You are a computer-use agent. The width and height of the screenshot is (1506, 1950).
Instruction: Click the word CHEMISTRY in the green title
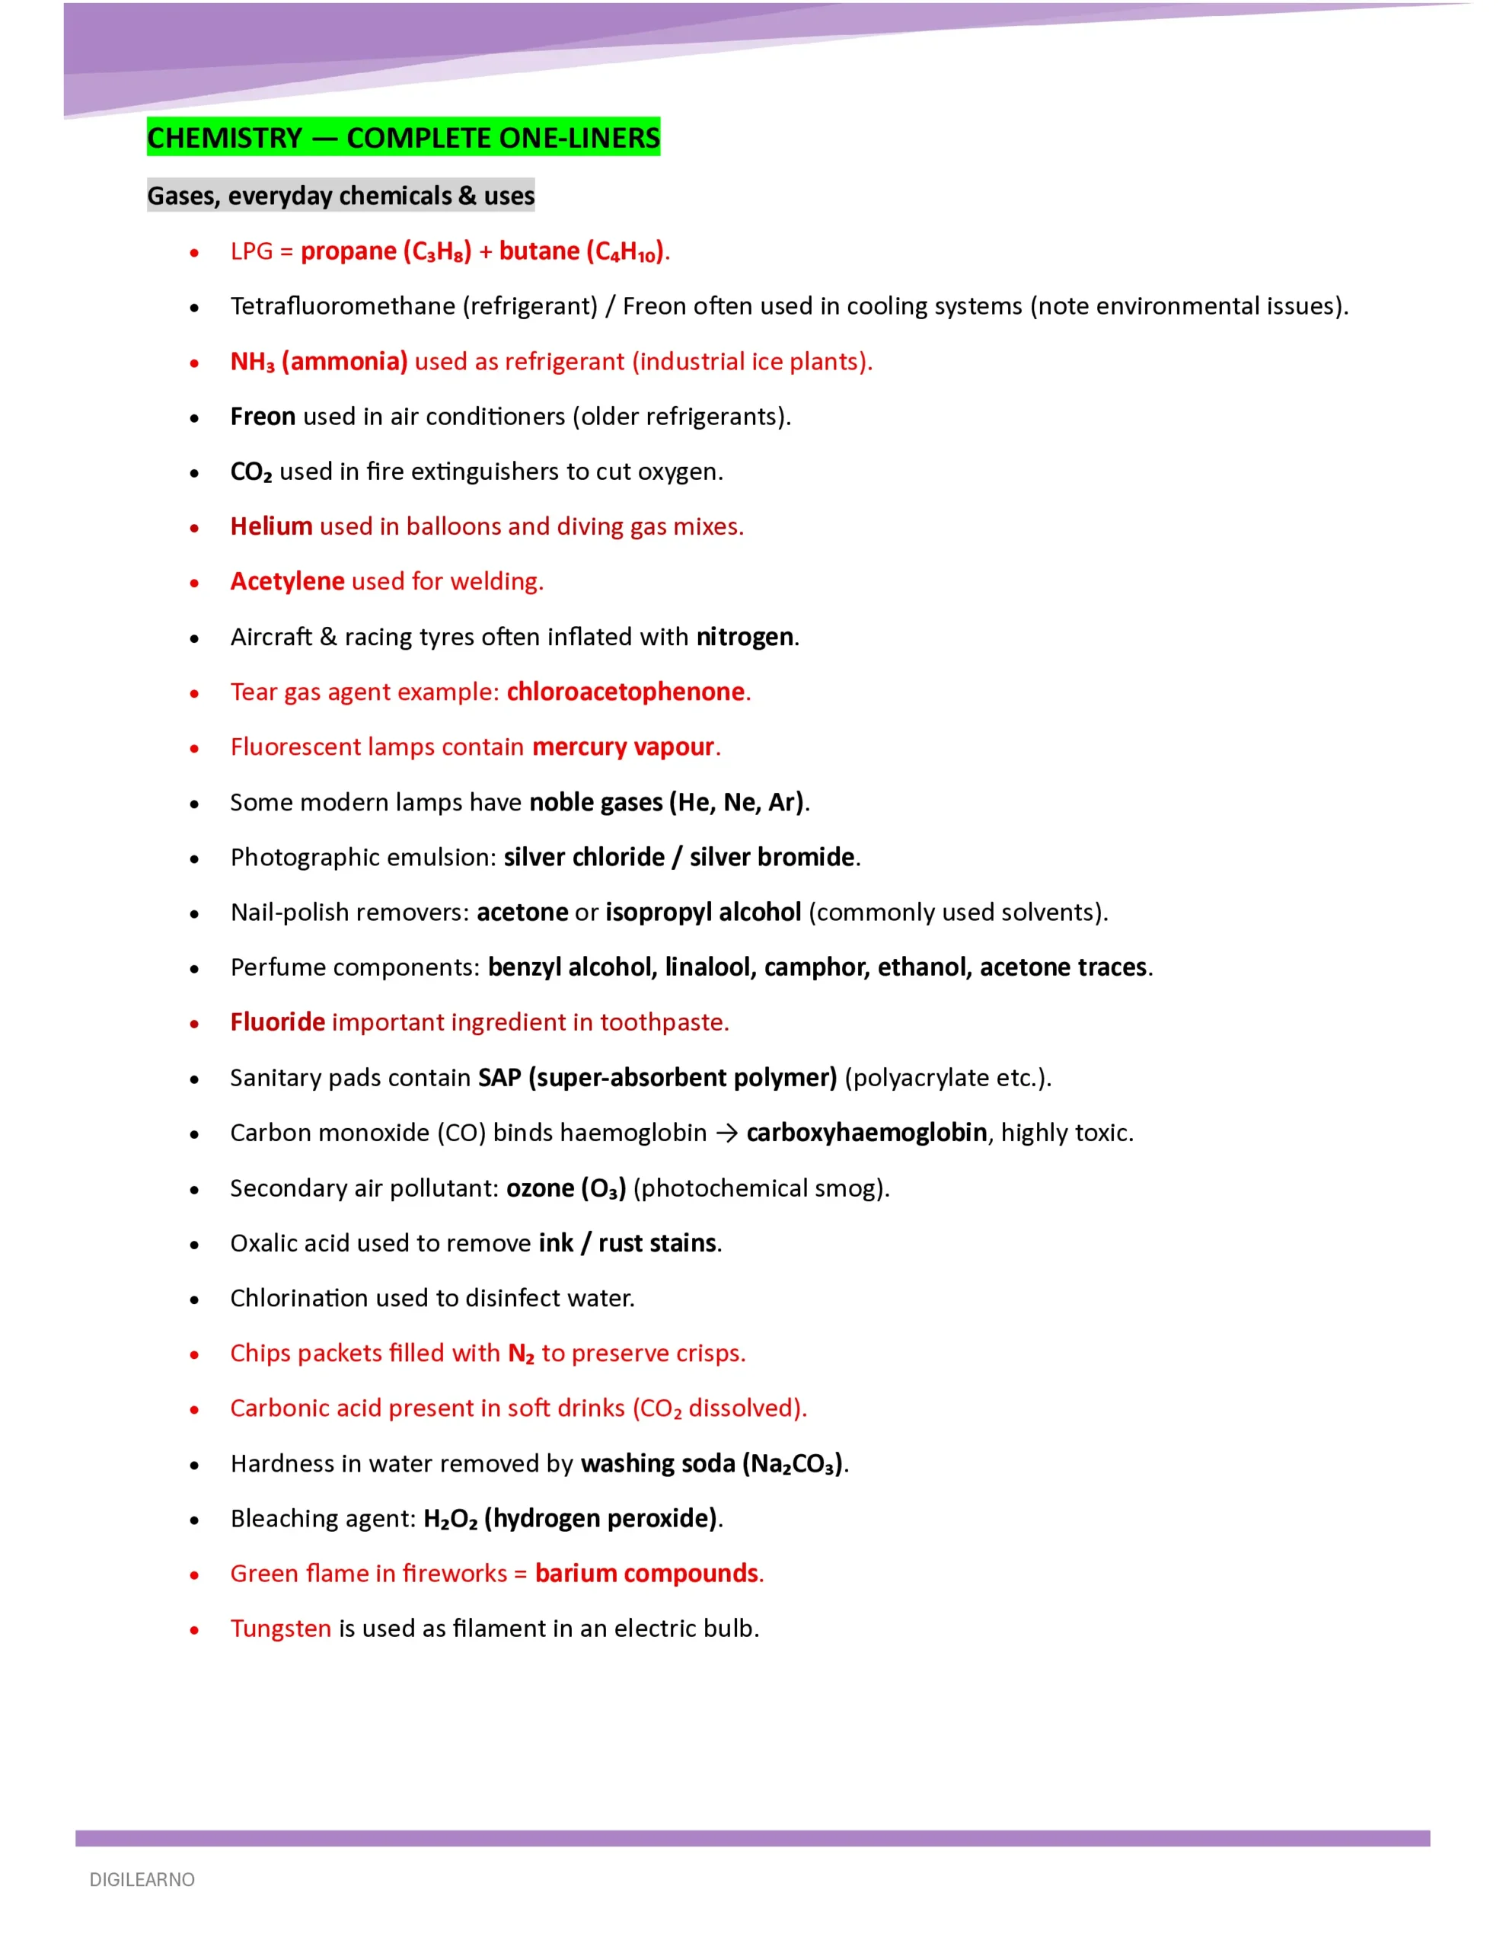(225, 139)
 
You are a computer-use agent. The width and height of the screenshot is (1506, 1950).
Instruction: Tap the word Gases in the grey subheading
(182, 196)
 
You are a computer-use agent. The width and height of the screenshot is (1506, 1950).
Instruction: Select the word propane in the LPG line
(348, 252)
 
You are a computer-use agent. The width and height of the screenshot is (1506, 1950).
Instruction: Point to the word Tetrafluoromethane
(343, 306)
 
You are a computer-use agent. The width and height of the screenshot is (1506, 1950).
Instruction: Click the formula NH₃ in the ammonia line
(252, 362)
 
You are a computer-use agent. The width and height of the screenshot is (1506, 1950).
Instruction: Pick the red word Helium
(270, 527)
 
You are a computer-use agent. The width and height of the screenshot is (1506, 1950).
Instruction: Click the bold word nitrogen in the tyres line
(745, 637)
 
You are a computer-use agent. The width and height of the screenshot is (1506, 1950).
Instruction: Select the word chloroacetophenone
(625, 692)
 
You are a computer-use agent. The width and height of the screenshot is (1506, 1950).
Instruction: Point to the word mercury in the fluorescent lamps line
(579, 747)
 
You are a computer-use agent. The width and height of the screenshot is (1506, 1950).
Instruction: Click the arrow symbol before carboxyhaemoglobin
(726, 1133)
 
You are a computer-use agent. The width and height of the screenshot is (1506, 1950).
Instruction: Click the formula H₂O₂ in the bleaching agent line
(450, 1519)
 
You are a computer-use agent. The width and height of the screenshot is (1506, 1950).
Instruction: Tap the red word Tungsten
(280, 1629)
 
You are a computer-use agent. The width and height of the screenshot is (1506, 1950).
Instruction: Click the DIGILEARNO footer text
(142, 1881)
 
